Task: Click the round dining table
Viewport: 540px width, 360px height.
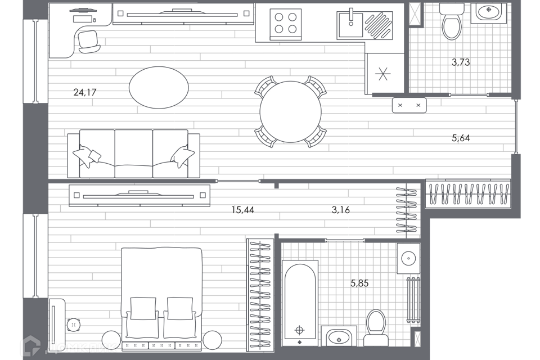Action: [x=290, y=111]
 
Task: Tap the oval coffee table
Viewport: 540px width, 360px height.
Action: [x=159, y=87]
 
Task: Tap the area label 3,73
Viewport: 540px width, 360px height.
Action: [x=461, y=62]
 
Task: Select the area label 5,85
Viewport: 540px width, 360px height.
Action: [x=359, y=283]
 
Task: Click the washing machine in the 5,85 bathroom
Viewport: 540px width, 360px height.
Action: [x=408, y=258]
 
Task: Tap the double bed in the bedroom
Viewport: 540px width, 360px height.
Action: [x=161, y=298]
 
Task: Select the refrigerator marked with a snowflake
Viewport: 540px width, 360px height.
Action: [x=384, y=74]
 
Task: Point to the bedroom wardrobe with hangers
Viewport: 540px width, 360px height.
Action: [x=260, y=292]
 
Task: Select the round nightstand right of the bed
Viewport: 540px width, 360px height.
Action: [x=212, y=340]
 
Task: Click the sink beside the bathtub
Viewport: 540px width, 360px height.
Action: [x=339, y=337]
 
